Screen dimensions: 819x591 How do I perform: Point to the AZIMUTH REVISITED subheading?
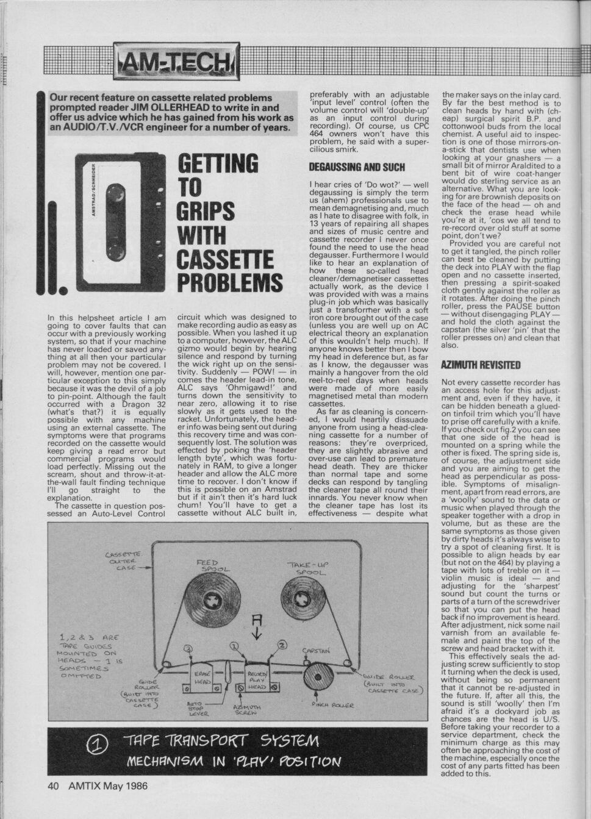click(x=480, y=365)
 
